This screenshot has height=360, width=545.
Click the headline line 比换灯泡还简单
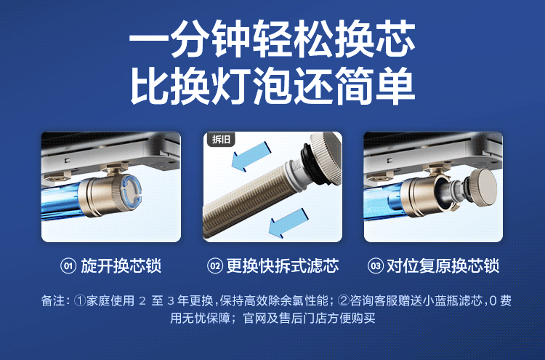pos(272,86)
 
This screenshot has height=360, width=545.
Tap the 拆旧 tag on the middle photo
pos(219,140)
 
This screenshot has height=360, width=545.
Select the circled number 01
pos(68,266)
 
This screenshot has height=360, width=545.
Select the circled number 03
pos(375,266)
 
